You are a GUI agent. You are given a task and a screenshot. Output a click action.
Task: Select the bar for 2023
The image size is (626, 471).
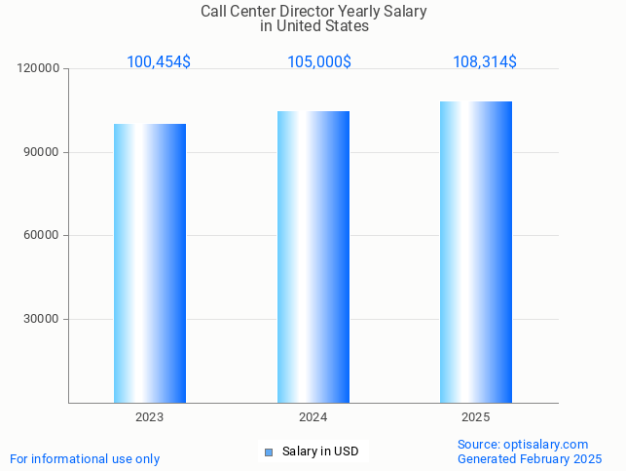(x=150, y=263)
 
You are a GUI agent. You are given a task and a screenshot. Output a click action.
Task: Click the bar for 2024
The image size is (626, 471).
(x=313, y=256)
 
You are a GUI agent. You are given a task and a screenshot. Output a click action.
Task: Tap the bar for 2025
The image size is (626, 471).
(x=476, y=252)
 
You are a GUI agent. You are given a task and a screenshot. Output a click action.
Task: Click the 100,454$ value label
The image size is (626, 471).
(x=159, y=62)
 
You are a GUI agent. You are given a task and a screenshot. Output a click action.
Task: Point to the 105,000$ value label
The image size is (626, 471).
(x=319, y=62)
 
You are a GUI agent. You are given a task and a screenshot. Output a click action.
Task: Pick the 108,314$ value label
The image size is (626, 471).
(x=485, y=62)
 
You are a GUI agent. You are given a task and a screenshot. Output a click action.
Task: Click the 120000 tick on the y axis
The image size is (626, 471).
(x=40, y=69)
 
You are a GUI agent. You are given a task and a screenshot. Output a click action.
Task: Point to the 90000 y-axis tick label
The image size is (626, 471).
(x=43, y=152)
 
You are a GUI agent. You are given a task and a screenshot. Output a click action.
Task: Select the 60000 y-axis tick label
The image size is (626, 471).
(x=43, y=235)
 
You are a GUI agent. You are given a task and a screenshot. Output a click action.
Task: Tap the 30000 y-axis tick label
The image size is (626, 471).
(x=43, y=319)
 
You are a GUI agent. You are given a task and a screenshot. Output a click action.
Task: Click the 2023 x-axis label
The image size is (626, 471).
(x=150, y=417)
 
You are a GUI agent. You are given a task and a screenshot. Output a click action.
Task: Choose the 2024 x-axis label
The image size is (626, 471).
(x=313, y=417)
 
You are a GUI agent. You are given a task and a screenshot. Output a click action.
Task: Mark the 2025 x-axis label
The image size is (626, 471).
(x=476, y=417)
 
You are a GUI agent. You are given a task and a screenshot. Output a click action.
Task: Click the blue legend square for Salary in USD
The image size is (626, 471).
(x=269, y=451)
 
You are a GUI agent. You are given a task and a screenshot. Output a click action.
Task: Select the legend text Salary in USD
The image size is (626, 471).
(x=320, y=451)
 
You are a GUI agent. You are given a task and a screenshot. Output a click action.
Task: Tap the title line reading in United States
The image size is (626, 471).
(x=313, y=26)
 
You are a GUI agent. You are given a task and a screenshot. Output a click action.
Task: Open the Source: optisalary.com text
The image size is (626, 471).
(x=523, y=445)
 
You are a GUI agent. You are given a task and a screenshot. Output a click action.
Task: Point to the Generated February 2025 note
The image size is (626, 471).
(x=530, y=459)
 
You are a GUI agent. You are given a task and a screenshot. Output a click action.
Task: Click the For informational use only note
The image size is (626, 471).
(x=85, y=459)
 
